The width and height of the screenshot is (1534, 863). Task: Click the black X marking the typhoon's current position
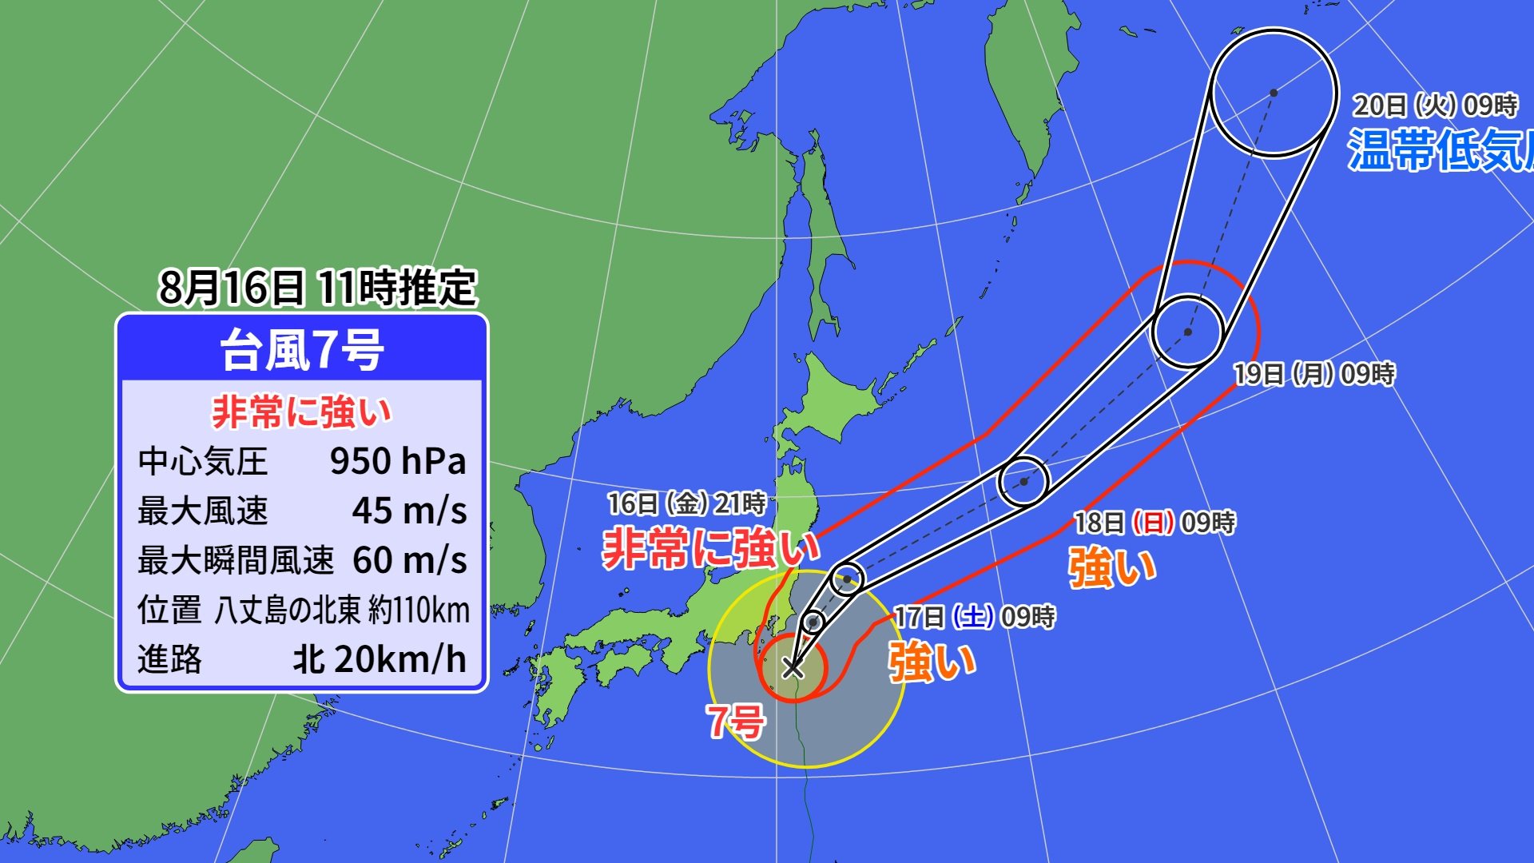(x=793, y=666)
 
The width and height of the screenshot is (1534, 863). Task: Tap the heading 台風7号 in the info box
(x=302, y=350)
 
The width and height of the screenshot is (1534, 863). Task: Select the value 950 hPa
(x=397, y=461)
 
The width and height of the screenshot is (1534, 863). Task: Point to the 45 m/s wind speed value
(x=409, y=511)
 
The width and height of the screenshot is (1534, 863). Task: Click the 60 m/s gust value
(x=409, y=560)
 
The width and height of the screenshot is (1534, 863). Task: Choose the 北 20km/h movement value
(x=380, y=659)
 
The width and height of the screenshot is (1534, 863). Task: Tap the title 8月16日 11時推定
(x=317, y=287)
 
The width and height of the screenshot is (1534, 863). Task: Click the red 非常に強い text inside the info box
(x=302, y=412)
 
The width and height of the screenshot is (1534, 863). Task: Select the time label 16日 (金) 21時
(x=686, y=503)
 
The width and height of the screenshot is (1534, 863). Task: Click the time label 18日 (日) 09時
(x=1154, y=523)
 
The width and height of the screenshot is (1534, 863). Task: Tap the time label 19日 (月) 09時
(x=1314, y=374)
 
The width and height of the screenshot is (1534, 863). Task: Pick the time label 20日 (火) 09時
(x=1435, y=105)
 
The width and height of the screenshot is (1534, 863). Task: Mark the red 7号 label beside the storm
(x=736, y=722)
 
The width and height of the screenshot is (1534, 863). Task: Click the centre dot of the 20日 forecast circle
(x=1274, y=93)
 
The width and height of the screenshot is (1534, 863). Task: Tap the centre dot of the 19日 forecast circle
(x=1188, y=332)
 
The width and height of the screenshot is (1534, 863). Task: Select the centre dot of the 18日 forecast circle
(x=1023, y=482)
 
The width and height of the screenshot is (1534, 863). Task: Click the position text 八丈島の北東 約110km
(x=342, y=610)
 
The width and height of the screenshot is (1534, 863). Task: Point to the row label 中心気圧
(x=202, y=461)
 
